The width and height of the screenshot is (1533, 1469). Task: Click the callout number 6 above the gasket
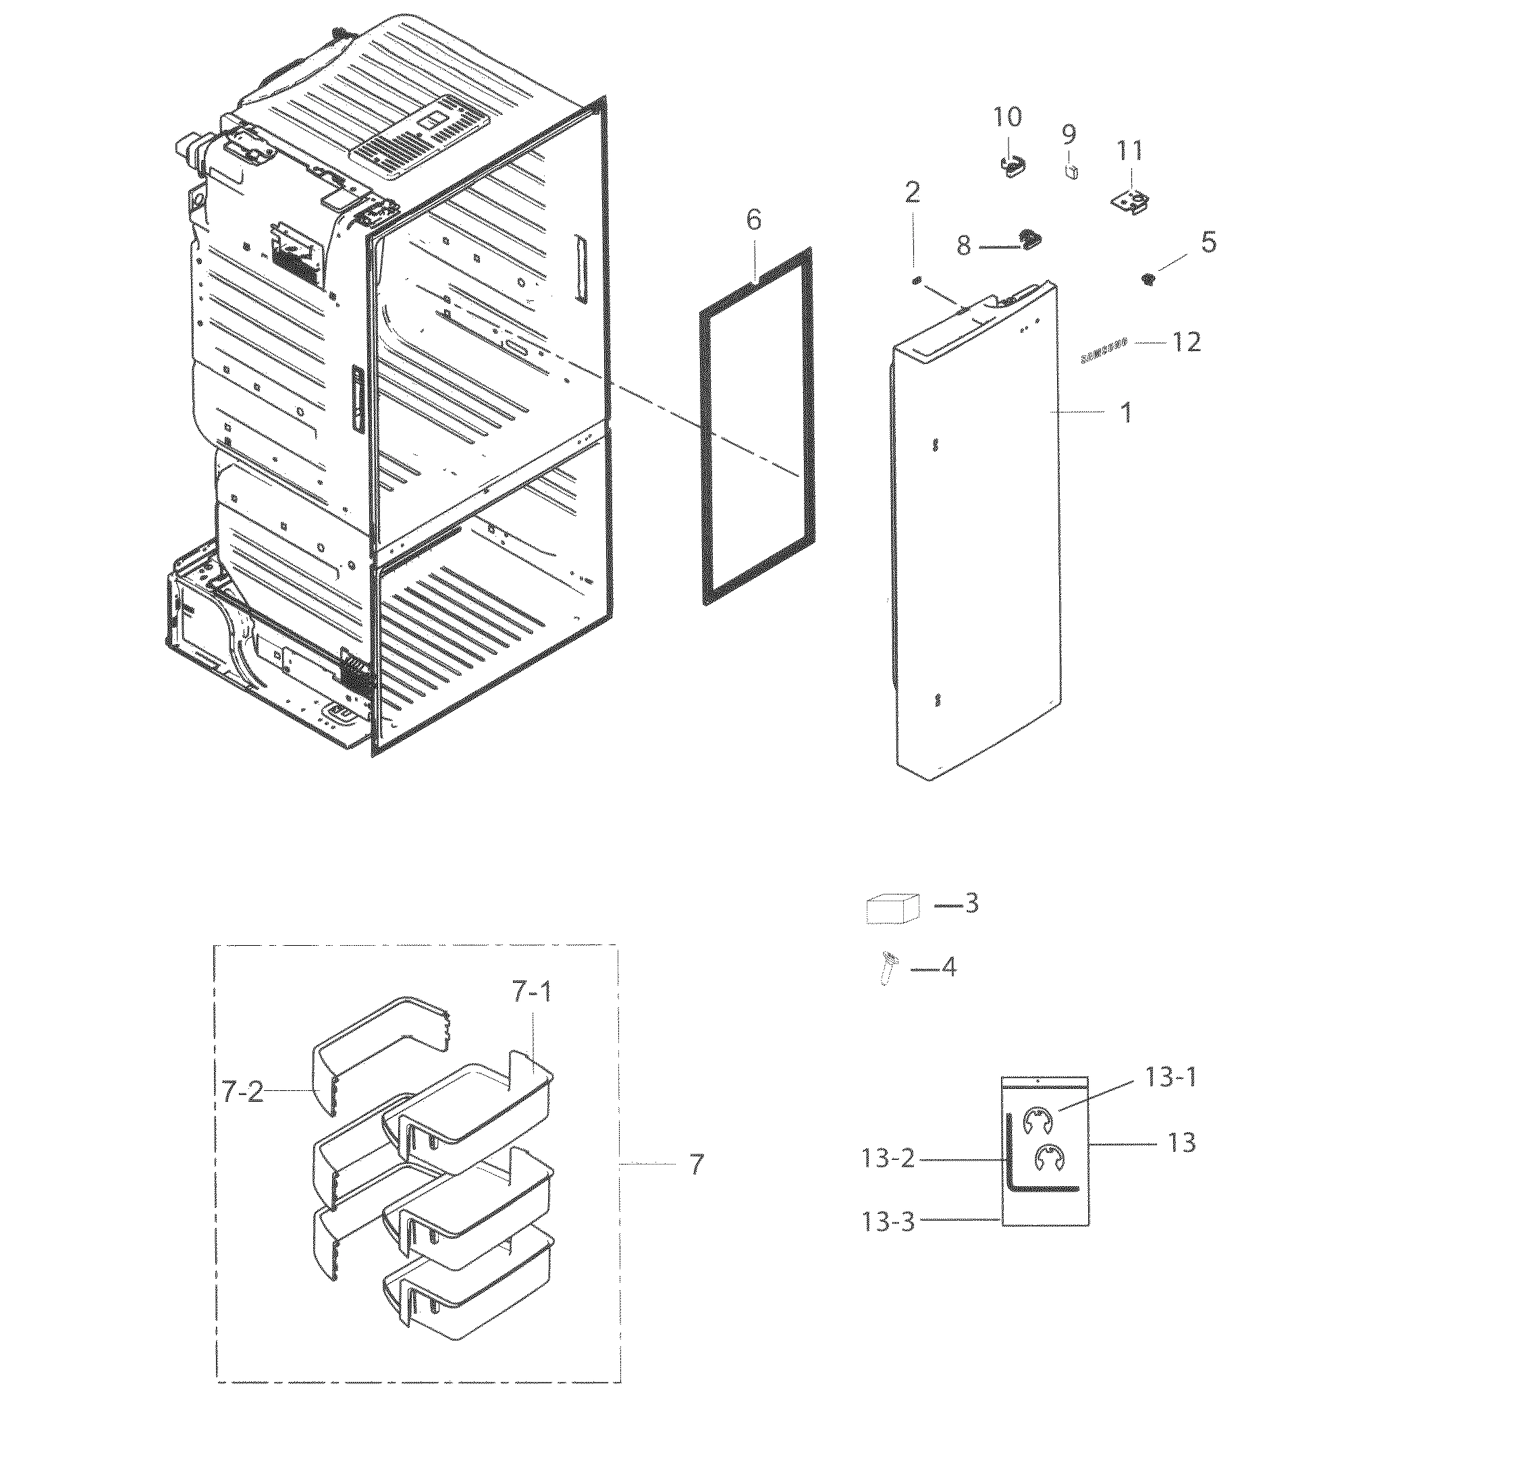(x=753, y=220)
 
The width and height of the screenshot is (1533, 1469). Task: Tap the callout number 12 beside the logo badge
(x=1186, y=342)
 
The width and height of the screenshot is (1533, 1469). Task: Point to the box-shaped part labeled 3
(x=892, y=910)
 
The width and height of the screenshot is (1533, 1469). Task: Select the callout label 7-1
(x=532, y=992)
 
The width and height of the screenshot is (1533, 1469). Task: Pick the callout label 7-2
(x=243, y=1090)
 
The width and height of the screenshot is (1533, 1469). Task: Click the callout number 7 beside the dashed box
(x=696, y=1164)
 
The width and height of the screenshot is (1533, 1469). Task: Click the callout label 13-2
(x=888, y=1158)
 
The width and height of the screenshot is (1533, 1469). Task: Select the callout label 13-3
(x=888, y=1221)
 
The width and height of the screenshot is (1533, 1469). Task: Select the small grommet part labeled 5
(x=1149, y=278)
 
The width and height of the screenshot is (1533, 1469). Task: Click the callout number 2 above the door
(x=912, y=192)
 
